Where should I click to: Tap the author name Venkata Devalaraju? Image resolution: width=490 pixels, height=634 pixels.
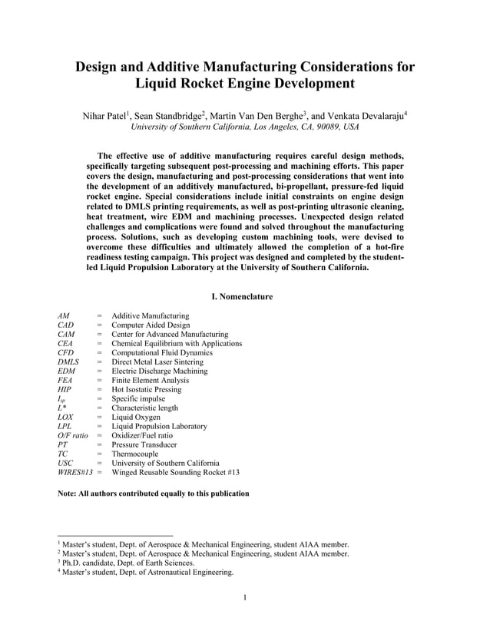click(366, 116)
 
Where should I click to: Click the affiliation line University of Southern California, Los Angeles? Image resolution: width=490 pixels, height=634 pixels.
click(244, 127)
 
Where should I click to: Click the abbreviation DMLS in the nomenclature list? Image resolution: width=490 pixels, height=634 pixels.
click(68, 362)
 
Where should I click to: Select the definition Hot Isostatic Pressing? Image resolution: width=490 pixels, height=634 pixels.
click(147, 389)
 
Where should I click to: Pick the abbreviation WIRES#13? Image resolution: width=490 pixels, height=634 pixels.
click(74, 472)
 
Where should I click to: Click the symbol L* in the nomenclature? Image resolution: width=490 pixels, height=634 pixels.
click(62, 408)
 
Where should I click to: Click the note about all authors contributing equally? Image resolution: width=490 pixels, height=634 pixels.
click(154, 493)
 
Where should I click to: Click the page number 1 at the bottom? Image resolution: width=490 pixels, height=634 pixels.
click(244, 598)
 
